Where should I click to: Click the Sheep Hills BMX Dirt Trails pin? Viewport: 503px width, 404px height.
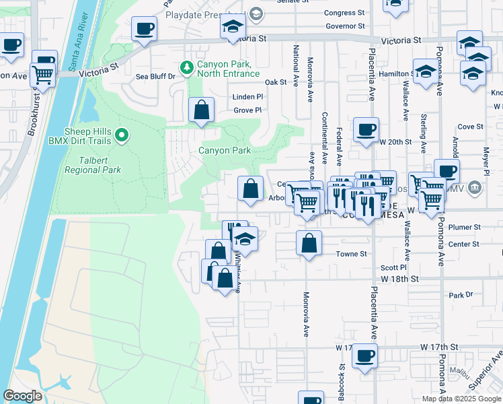pyautogui.click(x=122, y=135)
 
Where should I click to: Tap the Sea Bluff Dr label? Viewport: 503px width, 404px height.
pyautogui.click(x=155, y=76)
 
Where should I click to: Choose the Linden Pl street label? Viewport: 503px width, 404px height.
pyautogui.click(x=247, y=97)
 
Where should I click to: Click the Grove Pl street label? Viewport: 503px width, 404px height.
pyautogui.click(x=247, y=110)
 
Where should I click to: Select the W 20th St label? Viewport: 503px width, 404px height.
pyautogui.click(x=395, y=142)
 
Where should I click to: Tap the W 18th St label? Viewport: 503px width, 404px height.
pyautogui.click(x=399, y=278)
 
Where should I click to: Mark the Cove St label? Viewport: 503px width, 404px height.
pyautogui.click(x=470, y=127)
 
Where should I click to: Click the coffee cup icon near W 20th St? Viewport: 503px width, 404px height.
pyautogui.click(x=366, y=130)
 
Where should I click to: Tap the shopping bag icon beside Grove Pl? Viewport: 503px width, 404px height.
pyautogui.click(x=201, y=109)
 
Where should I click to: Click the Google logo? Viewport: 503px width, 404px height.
pyautogui.click(x=22, y=396)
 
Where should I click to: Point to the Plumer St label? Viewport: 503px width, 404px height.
pyautogui.click(x=468, y=228)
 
